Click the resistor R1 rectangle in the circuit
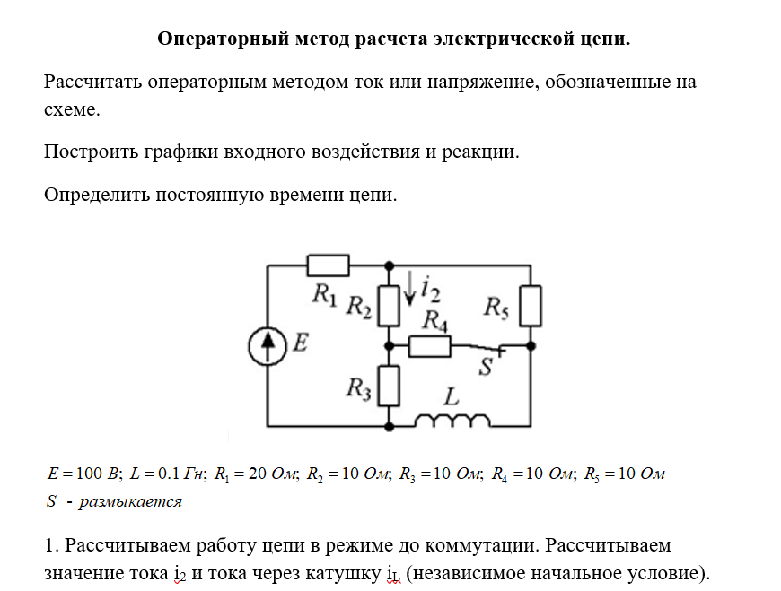(x=328, y=265)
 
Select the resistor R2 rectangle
(x=389, y=306)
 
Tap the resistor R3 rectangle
(x=389, y=386)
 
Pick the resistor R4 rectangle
(x=429, y=344)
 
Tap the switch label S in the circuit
(x=486, y=367)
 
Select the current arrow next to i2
(x=409, y=287)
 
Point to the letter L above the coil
(x=452, y=395)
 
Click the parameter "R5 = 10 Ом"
(x=624, y=474)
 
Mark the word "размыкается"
(x=130, y=501)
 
